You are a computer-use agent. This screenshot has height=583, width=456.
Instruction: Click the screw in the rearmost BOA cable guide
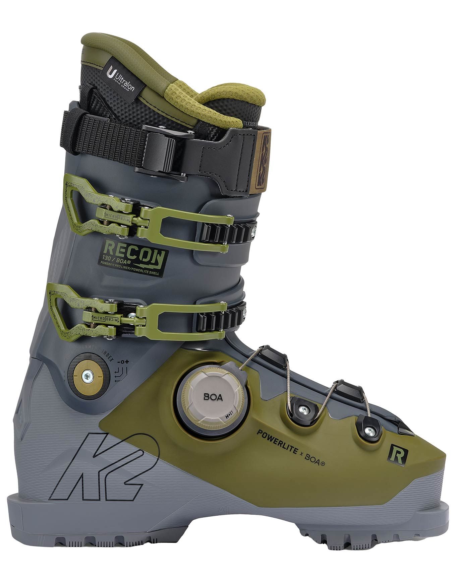point(304,408)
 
